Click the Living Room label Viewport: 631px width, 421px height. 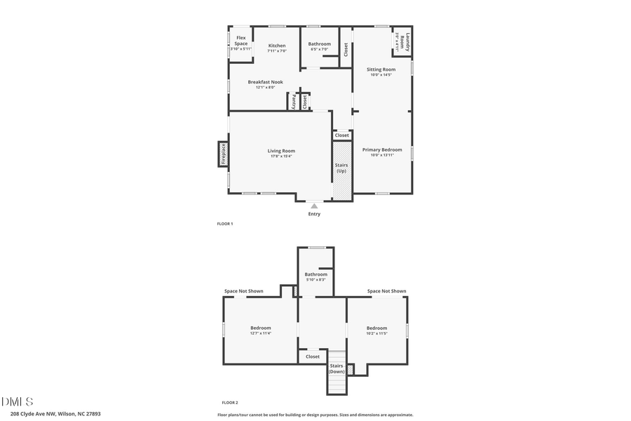281,151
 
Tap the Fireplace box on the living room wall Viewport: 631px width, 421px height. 223,154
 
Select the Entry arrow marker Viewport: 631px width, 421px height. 314,206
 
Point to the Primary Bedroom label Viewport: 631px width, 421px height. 382,149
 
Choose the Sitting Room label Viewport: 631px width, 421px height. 381,69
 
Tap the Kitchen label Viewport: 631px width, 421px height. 277,46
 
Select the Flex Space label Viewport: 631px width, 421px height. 240,40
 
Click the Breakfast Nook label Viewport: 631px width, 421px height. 265,82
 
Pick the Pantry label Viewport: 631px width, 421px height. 293,102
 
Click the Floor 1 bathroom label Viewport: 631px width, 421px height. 319,44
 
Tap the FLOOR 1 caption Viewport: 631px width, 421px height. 225,224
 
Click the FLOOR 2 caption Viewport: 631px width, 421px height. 230,403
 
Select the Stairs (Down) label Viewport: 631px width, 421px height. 337,368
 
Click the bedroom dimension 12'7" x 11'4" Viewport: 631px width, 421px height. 261,333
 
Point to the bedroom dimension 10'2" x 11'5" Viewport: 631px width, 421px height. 376,333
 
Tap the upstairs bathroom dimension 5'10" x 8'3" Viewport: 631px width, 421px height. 315,280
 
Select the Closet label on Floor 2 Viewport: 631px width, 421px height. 313,356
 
